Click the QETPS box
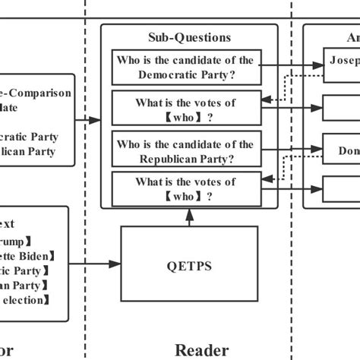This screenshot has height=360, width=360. pos(189,265)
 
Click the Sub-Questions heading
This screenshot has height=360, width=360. pos(189,36)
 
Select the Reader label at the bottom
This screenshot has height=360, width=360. pos(201,349)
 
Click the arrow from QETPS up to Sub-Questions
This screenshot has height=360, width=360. pos(189,216)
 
